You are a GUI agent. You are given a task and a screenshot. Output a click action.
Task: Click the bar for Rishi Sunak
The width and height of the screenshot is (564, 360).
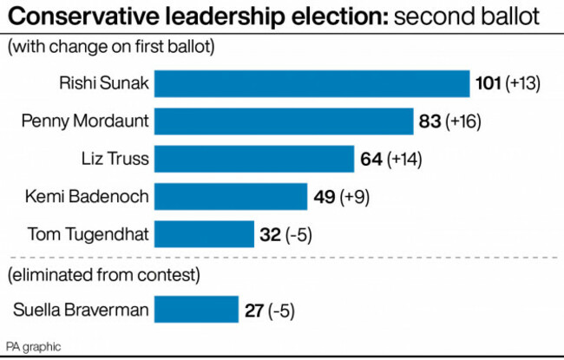(x=312, y=83)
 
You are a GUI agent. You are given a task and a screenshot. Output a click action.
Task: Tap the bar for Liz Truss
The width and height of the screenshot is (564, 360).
(x=256, y=159)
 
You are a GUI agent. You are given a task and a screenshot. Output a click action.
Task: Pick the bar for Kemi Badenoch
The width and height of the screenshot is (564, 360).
(x=232, y=197)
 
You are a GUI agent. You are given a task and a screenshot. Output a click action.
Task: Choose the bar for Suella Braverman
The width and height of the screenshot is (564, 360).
(x=197, y=310)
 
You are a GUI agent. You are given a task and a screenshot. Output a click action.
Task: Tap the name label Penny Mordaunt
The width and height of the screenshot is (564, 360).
(x=83, y=121)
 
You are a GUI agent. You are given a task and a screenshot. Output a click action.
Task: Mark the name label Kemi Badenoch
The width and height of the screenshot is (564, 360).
(x=86, y=197)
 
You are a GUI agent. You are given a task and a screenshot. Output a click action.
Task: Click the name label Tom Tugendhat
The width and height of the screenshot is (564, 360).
(x=88, y=234)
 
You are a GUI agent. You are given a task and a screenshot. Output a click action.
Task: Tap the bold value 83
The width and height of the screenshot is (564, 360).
(x=430, y=121)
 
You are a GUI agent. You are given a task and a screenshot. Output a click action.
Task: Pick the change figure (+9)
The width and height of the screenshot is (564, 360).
(x=355, y=197)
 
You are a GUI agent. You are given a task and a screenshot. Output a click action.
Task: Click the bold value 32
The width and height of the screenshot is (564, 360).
(x=270, y=234)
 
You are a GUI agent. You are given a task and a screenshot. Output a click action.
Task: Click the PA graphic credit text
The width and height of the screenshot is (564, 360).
(x=34, y=346)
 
